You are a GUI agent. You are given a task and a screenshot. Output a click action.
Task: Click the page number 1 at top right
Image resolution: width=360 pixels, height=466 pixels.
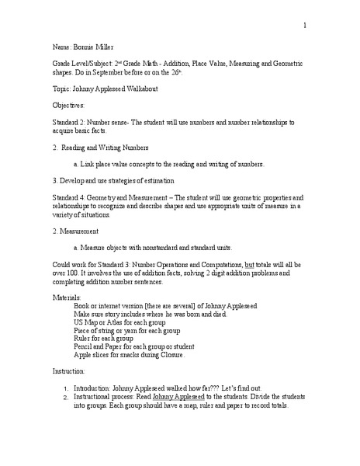click(x=305, y=26)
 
